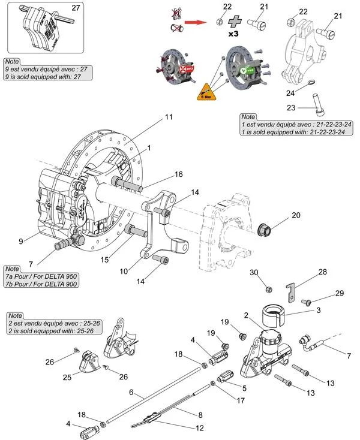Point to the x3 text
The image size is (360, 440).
click(233, 34)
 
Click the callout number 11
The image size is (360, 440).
click(169, 117)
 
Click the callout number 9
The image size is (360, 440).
click(21, 241)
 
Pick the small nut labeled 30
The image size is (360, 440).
click(268, 290)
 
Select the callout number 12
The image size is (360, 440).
click(199, 428)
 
